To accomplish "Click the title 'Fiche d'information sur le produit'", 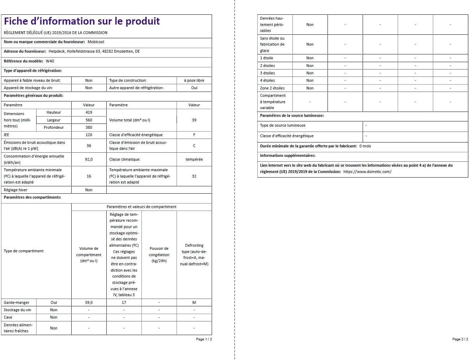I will tap(82, 21).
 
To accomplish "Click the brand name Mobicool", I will tap(96, 42).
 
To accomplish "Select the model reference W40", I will tap(50, 61).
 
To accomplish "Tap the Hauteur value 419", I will tap(89, 112).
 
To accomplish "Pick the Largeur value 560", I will tap(89, 120).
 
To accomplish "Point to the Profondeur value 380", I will tap(89, 127).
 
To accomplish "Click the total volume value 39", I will tap(194, 120).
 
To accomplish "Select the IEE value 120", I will tap(89, 135).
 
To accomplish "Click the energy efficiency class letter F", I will tap(194, 135).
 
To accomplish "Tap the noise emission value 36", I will tap(89, 146).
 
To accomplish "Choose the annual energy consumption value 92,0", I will tap(89, 159).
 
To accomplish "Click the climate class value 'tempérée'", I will tap(194, 159).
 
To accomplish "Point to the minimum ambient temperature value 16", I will tap(89, 176).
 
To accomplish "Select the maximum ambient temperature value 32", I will tap(194, 176).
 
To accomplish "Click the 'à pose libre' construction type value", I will tap(194, 80).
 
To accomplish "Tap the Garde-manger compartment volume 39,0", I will tap(89, 302).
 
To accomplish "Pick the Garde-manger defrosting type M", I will tap(194, 302).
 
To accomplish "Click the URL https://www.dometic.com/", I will tap(367, 172).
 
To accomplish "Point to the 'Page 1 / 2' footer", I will tap(204, 339).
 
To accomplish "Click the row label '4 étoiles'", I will tap(267, 80).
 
